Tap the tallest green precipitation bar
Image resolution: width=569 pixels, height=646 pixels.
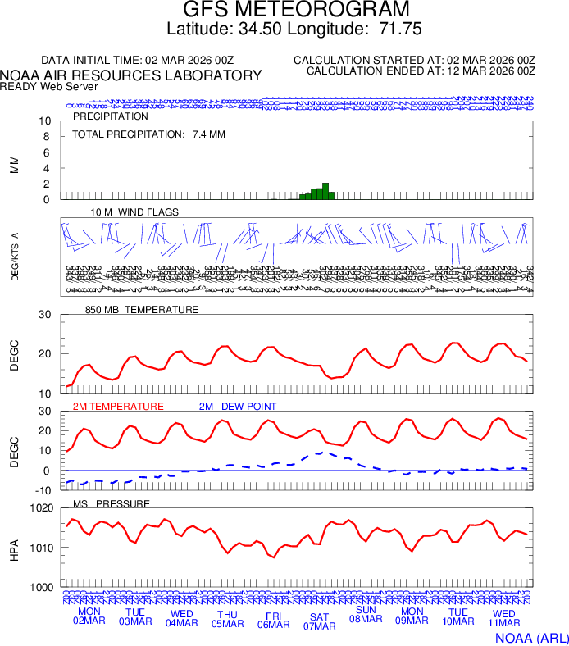325,191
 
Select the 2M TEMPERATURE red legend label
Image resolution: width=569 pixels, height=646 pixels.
118,407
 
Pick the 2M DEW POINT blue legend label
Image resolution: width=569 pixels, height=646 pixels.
238,407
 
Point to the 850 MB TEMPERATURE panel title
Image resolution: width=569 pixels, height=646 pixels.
142,310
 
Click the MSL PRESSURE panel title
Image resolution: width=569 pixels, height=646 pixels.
112,503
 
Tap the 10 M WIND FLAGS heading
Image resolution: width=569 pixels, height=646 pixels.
134,212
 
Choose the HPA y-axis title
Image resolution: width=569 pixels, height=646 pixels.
14,548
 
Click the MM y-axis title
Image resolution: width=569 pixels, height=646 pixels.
14,164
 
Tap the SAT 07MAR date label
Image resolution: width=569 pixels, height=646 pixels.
320,621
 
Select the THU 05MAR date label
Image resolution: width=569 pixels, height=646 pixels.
228,618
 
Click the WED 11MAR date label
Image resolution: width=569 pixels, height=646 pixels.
503,618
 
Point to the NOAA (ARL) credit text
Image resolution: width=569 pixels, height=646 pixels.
530,637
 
